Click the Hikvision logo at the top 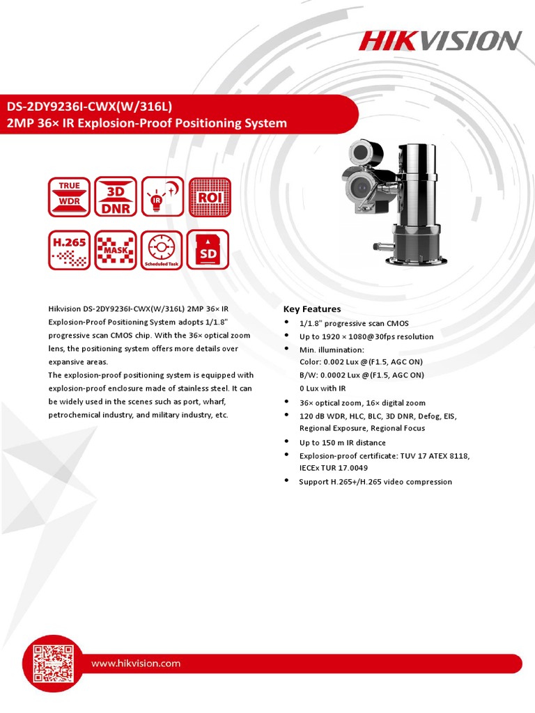(440, 40)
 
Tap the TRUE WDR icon (69, 196)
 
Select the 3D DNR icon (116, 196)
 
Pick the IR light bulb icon (162, 196)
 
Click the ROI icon (209, 196)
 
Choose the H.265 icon (69, 250)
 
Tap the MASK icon (116, 250)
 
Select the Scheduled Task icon (162, 250)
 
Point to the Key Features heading (311, 309)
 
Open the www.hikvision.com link (136, 664)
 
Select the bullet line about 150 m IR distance (342, 442)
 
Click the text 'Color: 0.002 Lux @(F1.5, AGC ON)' (361, 362)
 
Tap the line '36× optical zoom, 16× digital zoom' (362, 403)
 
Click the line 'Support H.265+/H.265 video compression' (375, 482)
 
